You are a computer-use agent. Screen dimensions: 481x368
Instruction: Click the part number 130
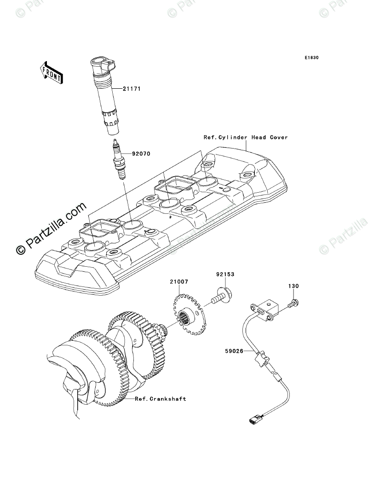[293, 286]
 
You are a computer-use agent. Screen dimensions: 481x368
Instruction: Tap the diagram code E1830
[311, 58]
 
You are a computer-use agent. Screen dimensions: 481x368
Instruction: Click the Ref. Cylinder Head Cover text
[246, 137]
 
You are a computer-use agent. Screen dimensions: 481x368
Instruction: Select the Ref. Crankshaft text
[160, 399]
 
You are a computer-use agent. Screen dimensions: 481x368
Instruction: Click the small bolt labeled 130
[293, 303]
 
